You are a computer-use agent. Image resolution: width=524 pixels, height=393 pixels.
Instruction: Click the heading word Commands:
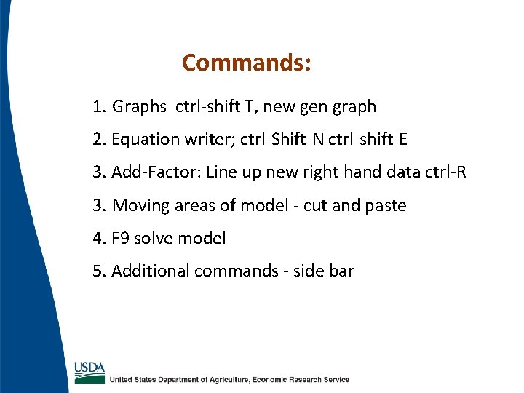coord(247,63)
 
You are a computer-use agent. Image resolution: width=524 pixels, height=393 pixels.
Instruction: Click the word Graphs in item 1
coord(139,107)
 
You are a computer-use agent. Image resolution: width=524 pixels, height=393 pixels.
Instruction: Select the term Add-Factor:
coord(156,172)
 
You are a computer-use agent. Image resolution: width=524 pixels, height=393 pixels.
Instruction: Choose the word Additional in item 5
coord(151,271)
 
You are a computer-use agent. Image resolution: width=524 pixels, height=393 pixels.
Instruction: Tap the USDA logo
coord(90,372)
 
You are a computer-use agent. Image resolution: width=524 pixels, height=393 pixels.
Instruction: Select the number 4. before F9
coord(100,238)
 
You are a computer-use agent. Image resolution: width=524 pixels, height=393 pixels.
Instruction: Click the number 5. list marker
coord(100,271)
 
